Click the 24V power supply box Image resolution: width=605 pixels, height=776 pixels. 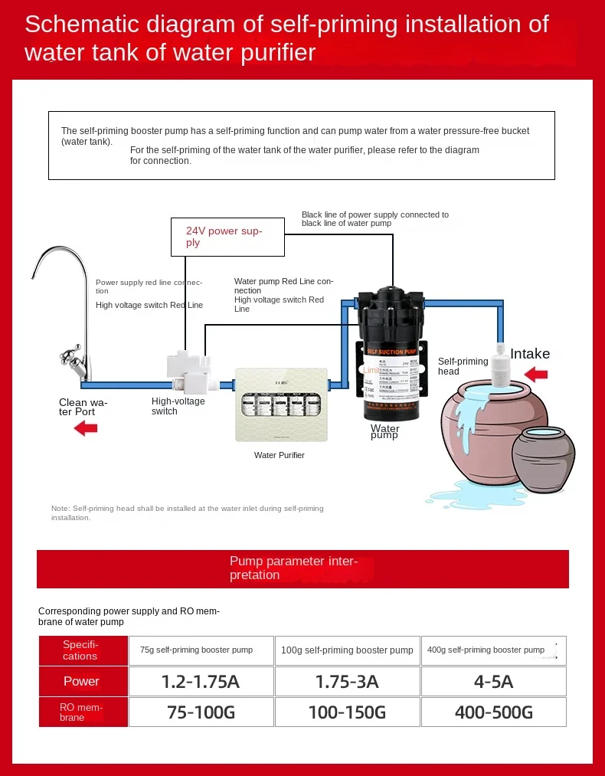[x=227, y=237]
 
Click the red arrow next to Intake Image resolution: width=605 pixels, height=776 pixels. [x=535, y=375]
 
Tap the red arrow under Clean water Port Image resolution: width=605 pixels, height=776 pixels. [x=86, y=428]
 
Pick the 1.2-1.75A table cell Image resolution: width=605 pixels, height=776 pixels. [x=201, y=682]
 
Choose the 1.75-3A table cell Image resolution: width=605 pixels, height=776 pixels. [x=347, y=682]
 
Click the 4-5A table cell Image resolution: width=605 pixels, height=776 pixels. [x=494, y=682]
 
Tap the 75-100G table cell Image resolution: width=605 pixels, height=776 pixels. [x=201, y=712]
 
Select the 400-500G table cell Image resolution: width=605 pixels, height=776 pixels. [x=494, y=712]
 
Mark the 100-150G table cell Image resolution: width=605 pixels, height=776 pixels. [x=347, y=712]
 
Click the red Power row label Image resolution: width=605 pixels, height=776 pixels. [x=81, y=682]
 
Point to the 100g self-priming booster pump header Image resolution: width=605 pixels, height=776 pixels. [x=347, y=650]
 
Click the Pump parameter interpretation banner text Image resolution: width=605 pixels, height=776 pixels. [x=293, y=568]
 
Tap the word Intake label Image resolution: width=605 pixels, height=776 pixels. [x=530, y=354]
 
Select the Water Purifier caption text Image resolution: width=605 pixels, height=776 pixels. [x=280, y=455]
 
